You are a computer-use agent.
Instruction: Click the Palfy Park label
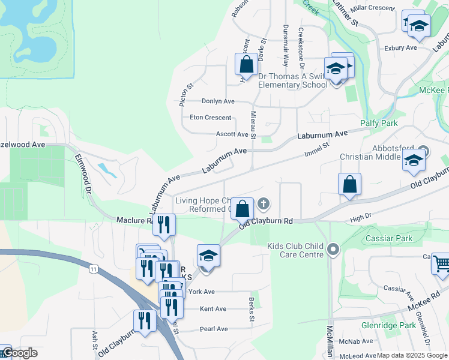click(379, 123)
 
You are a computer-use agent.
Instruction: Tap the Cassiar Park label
click(388, 238)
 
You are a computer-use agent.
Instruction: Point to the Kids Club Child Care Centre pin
click(334, 248)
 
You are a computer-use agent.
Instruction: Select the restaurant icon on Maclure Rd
click(164, 224)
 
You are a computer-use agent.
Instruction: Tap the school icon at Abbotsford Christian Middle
click(414, 160)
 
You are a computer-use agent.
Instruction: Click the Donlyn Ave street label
click(218, 101)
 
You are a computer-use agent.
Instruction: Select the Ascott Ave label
click(232, 134)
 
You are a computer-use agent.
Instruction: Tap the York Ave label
click(201, 292)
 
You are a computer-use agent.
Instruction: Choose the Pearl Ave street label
click(214, 329)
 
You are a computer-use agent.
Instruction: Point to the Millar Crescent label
click(373, 8)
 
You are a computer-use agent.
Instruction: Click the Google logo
click(19, 353)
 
